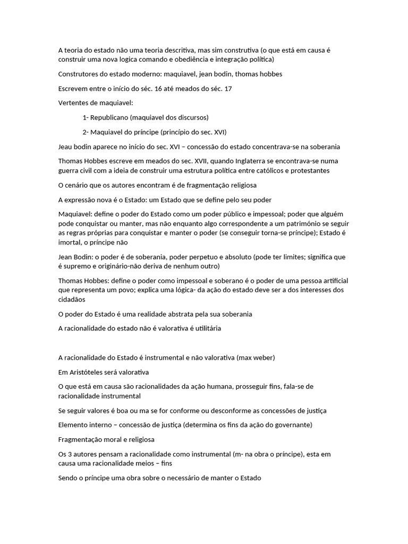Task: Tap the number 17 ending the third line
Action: point(228,88)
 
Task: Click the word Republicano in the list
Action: point(109,117)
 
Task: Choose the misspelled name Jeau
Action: point(66,146)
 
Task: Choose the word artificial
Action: point(334,280)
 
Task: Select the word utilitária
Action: point(203,328)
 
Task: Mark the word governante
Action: point(292,425)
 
